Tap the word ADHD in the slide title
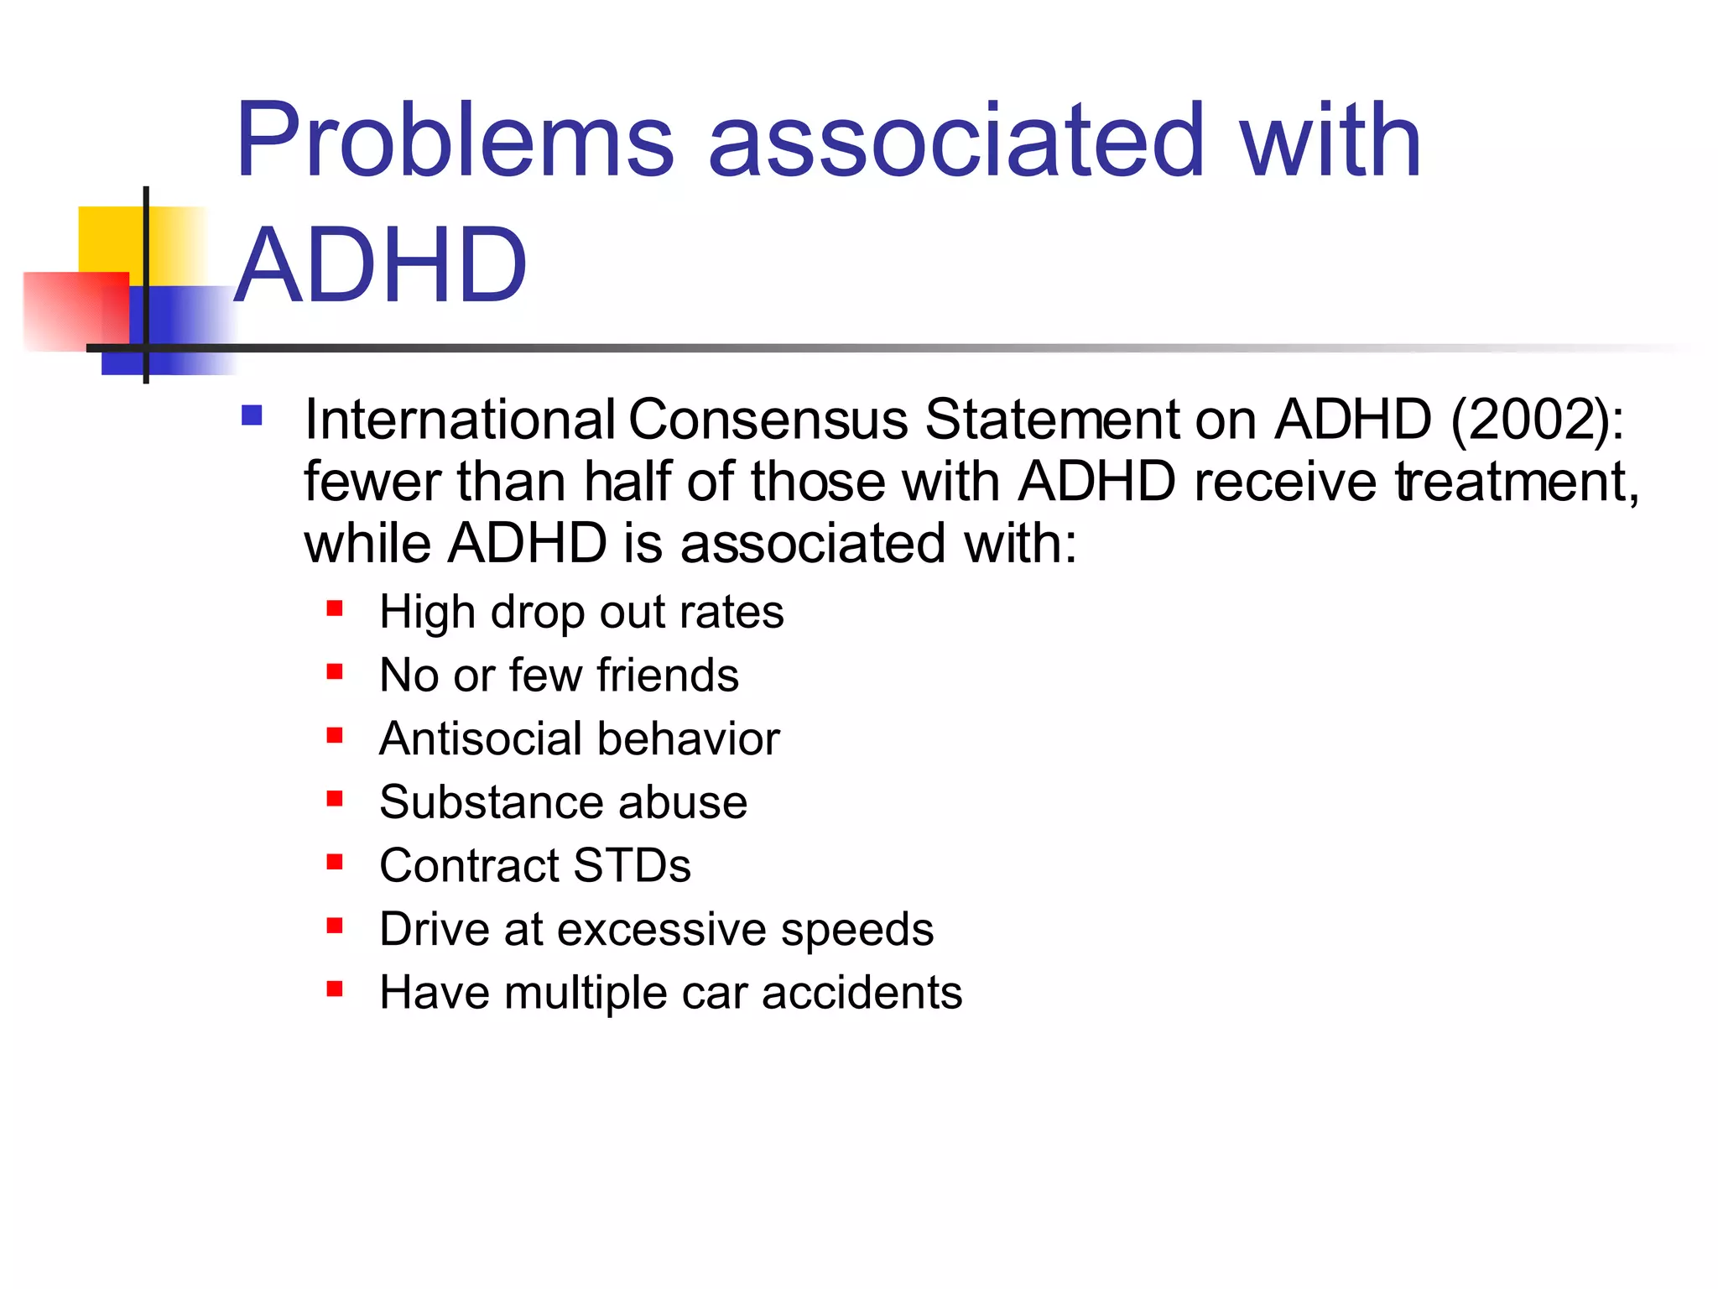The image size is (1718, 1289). [x=381, y=265]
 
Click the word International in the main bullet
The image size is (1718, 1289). [x=460, y=419]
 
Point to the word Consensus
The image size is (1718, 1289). [x=768, y=419]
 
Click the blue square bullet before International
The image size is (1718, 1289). [x=252, y=415]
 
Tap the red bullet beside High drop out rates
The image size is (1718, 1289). [x=335, y=608]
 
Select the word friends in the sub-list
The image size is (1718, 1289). [x=668, y=675]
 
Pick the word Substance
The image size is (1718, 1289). [x=491, y=802]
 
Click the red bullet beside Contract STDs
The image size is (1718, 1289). [x=335, y=862]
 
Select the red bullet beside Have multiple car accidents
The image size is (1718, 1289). [x=335, y=989]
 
